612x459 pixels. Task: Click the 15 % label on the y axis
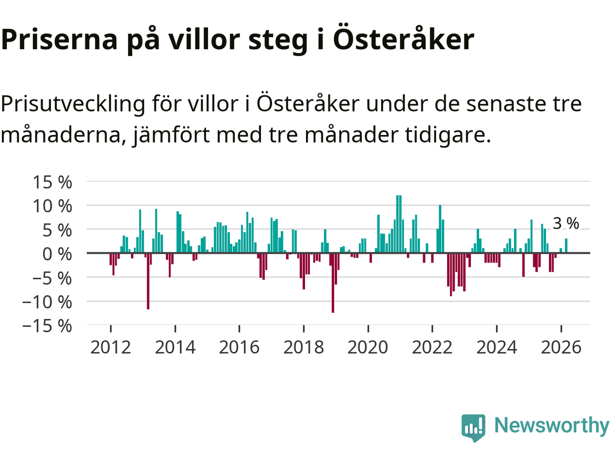pyautogui.click(x=52, y=182)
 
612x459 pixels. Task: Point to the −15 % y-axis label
pyautogui.click(x=47, y=326)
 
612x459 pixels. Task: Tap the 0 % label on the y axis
pyautogui.click(x=57, y=254)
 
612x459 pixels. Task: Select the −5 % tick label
pyautogui.click(x=52, y=278)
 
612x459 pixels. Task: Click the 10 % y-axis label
pyautogui.click(x=52, y=206)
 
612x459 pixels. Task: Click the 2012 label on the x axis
pyautogui.click(x=110, y=347)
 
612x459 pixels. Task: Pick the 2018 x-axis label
pyautogui.click(x=304, y=347)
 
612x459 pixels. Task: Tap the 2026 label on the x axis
pyautogui.click(x=561, y=347)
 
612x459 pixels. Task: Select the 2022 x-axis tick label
pyautogui.click(x=432, y=347)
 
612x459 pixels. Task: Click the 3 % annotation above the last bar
pyautogui.click(x=566, y=223)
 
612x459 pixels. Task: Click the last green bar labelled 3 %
pyautogui.click(x=566, y=246)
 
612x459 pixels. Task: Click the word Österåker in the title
pyautogui.click(x=403, y=39)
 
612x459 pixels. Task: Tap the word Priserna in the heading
pyautogui.click(x=59, y=39)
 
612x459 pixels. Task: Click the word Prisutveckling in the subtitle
pyautogui.click(x=73, y=104)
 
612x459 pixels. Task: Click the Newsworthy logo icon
pyautogui.click(x=473, y=427)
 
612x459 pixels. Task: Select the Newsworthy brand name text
pyautogui.click(x=551, y=425)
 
